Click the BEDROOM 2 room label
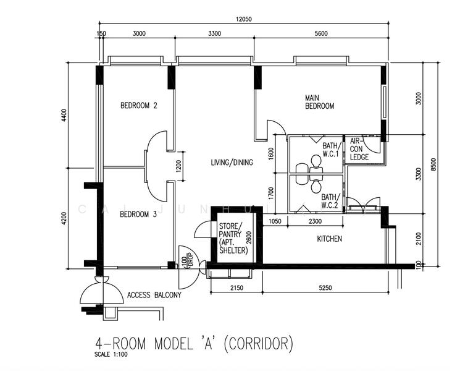(138, 106)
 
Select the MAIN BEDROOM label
(319, 102)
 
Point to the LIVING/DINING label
(232, 163)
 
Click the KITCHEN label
(329, 239)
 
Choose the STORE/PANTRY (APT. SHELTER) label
(233, 238)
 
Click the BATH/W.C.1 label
(331, 150)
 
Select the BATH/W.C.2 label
(329, 201)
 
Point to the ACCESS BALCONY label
(154, 295)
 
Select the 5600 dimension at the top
(320, 34)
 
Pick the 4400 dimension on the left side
(64, 115)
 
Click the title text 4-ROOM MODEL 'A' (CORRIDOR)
(194, 343)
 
